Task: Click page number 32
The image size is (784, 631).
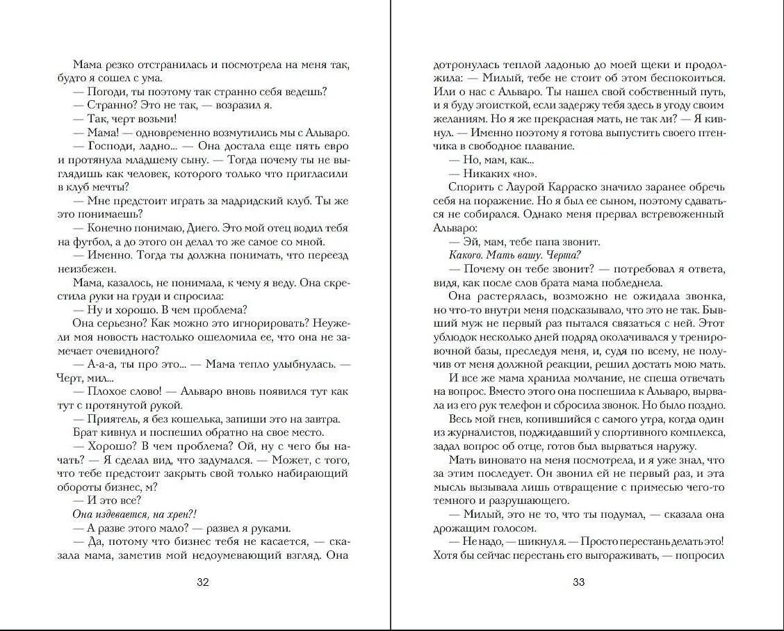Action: pos(203,582)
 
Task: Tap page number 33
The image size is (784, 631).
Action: pos(578,582)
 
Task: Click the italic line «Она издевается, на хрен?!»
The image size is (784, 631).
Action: pos(135,514)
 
